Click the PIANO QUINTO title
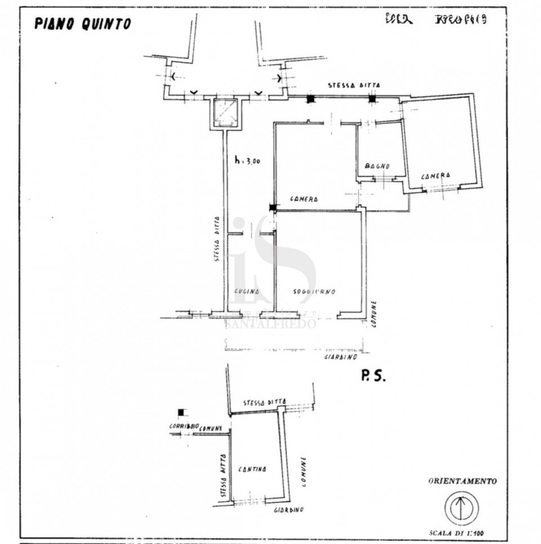pos(82,23)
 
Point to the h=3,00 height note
pos(247,160)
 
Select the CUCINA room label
pos(247,292)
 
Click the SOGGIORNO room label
pos(314,292)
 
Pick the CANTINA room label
pos(252,469)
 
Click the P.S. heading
pos(373,377)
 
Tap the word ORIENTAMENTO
pos(463,481)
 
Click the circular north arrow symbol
pos(462,508)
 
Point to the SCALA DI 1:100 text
pos(458,533)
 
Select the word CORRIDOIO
pos(184,427)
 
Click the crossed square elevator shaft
pos(225,113)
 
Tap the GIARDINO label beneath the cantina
pos(289,510)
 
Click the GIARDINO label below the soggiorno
pos(341,357)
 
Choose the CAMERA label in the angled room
pos(436,176)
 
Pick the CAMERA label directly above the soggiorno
pos(304,199)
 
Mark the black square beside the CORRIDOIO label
pos(181,412)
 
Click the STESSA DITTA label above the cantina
pos(264,403)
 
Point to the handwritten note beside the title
pos(436,20)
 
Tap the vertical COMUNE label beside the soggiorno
pos(374,314)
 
